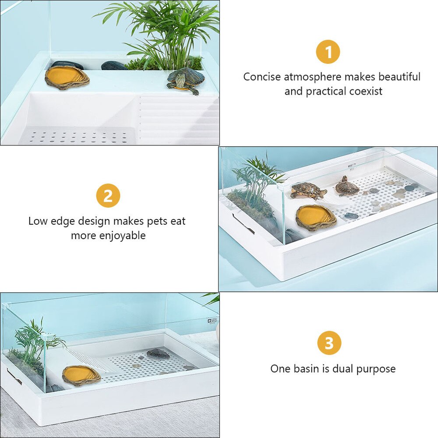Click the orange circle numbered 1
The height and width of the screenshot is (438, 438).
pyautogui.click(x=328, y=52)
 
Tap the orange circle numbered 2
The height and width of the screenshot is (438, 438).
pyautogui.click(x=108, y=196)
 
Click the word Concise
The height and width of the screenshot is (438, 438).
pyautogui.click(x=262, y=77)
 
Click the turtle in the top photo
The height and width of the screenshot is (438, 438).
pyautogui.click(x=186, y=79)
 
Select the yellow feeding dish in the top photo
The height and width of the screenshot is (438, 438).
pyautogui.click(x=67, y=76)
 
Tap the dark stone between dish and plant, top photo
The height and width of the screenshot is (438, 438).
pyautogui.click(x=114, y=66)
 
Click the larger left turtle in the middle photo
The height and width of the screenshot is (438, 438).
pyautogui.click(x=308, y=191)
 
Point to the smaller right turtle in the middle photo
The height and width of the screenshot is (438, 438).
pyautogui.click(x=347, y=187)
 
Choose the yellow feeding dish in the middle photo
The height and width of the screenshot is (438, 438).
pyautogui.click(x=316, y=216)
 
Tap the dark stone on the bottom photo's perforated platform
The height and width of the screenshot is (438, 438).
pyautogui.click(x=158, y=353)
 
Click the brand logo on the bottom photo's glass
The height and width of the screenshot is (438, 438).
pyautogui.click(x=212, y=320)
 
